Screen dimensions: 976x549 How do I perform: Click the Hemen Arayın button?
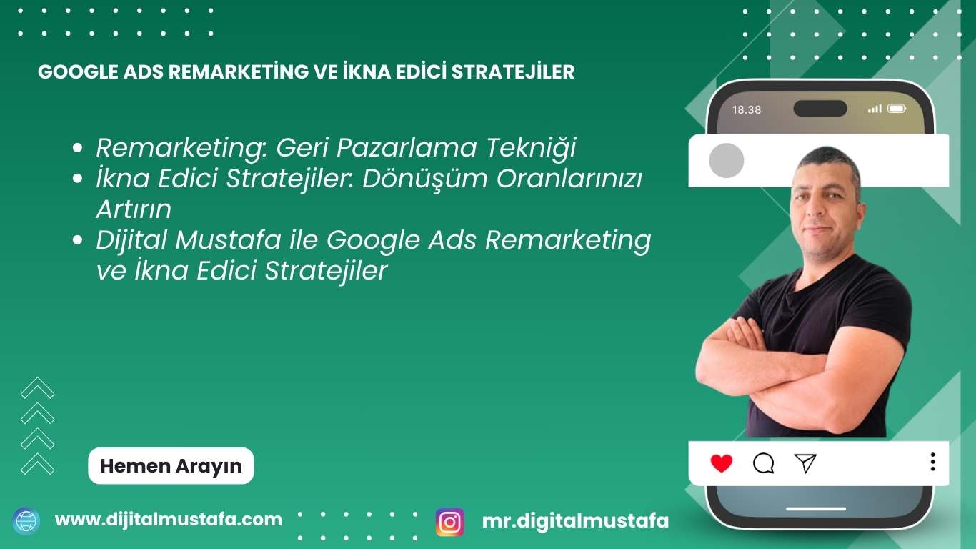tap(171, 465)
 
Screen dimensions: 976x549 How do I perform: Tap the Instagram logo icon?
tap(449, 522)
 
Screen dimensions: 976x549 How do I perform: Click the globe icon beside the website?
tap(26, 521)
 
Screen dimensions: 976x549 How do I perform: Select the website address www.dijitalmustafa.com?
tap(169, 520)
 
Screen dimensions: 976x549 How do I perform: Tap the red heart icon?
tap(722, 463)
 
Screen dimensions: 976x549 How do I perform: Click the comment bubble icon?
tap(763, 463)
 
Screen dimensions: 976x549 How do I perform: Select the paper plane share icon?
tap(805, 463)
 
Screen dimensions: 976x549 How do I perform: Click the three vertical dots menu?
tap(933, 462)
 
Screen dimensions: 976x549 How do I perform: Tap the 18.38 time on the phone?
tap(747, 109)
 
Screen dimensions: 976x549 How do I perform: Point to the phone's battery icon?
tap(897, 108)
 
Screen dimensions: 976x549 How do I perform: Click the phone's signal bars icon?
tap(875, 109)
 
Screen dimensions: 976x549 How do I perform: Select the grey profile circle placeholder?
tap(727, 160)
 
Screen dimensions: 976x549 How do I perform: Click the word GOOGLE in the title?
tap(78, 72)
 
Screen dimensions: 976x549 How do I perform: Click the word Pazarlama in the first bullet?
tap(407, 147)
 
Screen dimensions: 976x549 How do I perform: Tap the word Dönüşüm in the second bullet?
tap(425, 179)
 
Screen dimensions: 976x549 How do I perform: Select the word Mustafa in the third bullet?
tap(229, 240)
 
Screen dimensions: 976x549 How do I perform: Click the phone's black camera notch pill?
tap(820, 108)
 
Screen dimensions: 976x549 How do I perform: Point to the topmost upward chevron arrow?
tap(37, 387)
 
